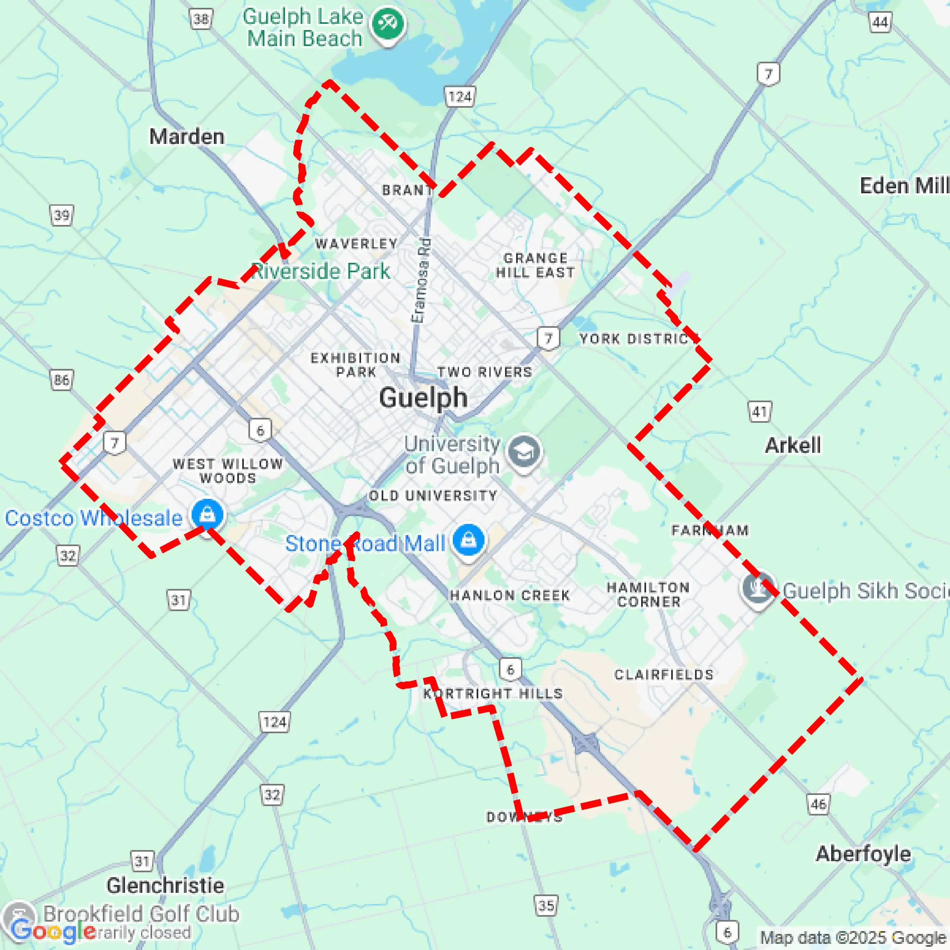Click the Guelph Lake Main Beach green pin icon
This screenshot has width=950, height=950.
click(x=388, y=23)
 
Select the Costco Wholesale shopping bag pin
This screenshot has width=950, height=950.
click(x=208, y=515)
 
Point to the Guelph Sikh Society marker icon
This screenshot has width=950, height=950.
click(x=758, y=589)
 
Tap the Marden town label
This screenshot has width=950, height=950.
click(x=187, y=137)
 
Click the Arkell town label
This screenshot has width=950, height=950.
click(x=792, y=445)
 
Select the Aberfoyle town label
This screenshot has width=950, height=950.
click(x=864, y=854)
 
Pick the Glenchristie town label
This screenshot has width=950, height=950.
click(x=165, y=885)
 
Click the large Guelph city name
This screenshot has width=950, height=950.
click(x=423, y=397)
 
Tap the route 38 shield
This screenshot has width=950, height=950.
click(x=201, y=19)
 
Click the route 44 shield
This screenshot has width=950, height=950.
click(x=880, y=22)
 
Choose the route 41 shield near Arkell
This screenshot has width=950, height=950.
click(x=760, y=411)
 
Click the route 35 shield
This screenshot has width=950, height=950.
click(x=546, y=905)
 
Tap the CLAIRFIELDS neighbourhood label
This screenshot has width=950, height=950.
click(x=664, y=674)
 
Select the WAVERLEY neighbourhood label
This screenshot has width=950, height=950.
click(x=357, y=243)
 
